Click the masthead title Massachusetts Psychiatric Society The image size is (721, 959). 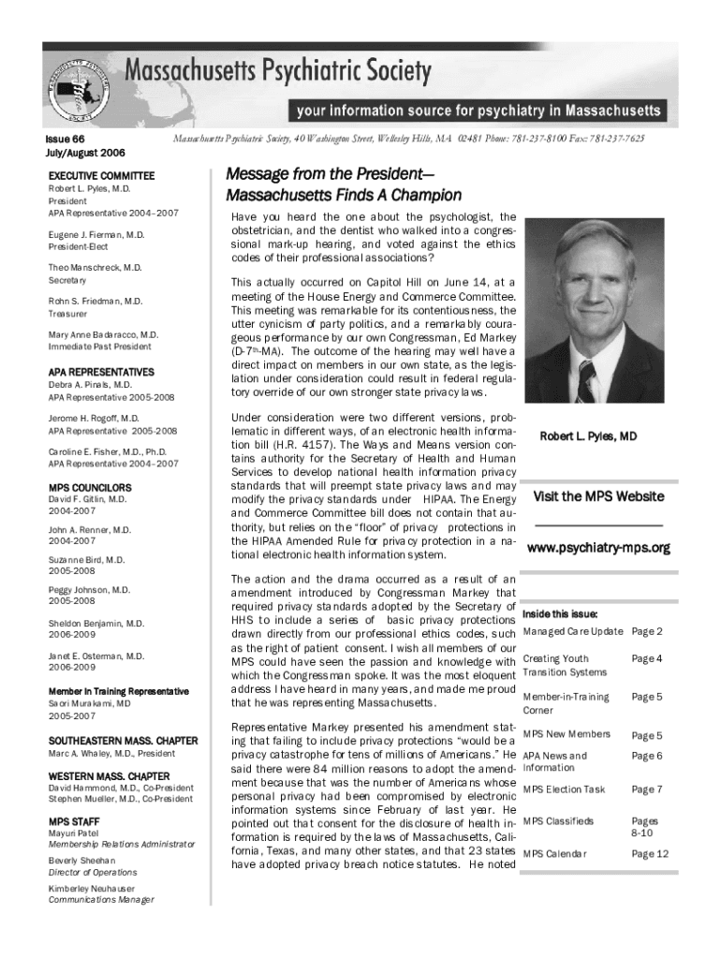278,71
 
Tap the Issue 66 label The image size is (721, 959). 66,139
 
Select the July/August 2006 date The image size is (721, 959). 86,153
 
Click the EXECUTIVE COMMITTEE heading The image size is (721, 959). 101,176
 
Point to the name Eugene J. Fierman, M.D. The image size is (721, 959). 96,234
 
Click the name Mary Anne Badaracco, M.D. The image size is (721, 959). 103,334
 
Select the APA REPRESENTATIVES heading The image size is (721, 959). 101,372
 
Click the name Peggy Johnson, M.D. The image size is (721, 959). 89,590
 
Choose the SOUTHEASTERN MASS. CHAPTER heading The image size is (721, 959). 123,741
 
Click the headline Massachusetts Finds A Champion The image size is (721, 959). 344,196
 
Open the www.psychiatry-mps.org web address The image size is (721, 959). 598,548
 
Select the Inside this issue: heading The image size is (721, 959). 560,614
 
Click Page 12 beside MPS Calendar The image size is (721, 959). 650,853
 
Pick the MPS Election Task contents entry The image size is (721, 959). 564,789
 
